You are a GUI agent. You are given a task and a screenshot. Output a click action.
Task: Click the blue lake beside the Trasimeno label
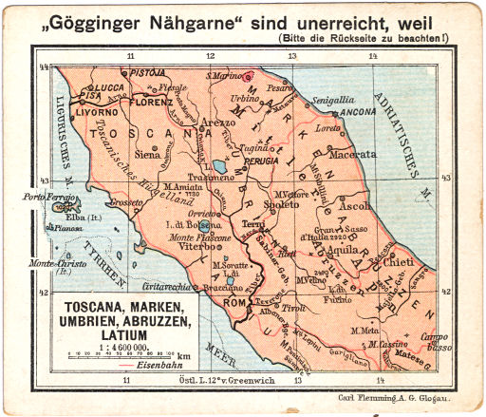point(219,169)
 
